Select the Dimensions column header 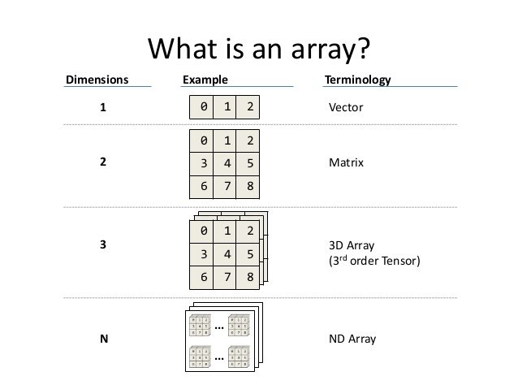tap(97, 80)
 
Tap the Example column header tap(205, 80)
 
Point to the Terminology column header tap(357, 80)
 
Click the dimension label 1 tap(103, 107)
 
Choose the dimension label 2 tap(103, 162)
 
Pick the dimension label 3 tap(103, 243)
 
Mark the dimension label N tap(104, 339)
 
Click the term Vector tap(346, 107)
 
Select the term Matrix tap(347, 162)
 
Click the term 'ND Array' tap(352, 339)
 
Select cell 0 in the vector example tap(204, 107)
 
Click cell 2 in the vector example tap(251, 107)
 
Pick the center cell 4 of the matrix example tap(227, 163)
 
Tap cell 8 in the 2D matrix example tap(251, 187)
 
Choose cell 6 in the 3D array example tap(204, 278)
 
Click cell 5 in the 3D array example tap(251, 254)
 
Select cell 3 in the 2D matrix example tap(204, 163)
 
